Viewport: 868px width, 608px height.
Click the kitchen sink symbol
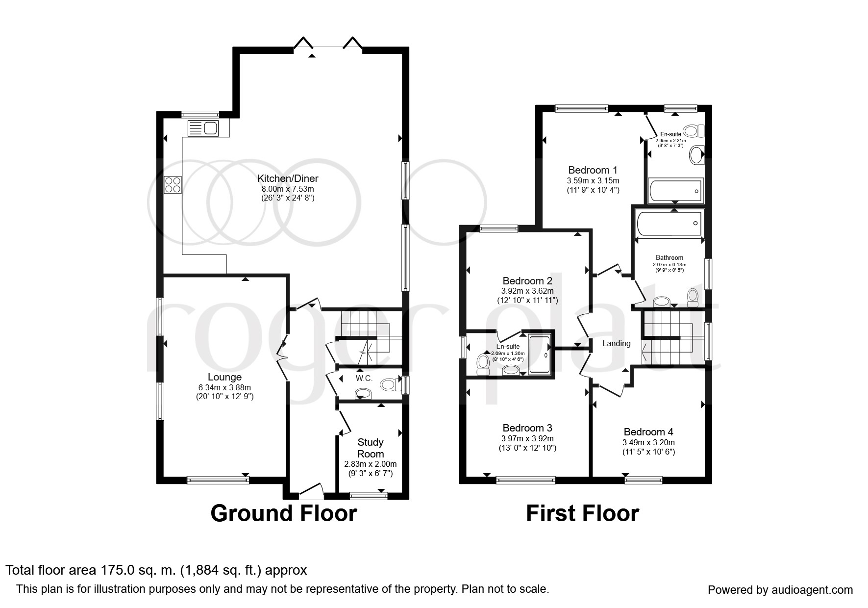203,128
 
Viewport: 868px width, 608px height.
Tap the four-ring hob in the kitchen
173,185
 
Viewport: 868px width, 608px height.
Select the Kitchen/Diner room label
288,178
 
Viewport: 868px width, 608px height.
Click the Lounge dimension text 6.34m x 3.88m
224,387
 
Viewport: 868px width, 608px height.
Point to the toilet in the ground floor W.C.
390,384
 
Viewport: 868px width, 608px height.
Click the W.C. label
364,379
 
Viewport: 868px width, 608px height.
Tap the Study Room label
371,448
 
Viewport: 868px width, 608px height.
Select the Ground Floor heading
284,513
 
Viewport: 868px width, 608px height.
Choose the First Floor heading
582,513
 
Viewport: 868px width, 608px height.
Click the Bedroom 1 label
593,170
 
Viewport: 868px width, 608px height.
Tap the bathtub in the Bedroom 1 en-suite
675,190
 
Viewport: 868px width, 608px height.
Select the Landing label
616,343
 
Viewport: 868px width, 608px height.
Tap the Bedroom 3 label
527,428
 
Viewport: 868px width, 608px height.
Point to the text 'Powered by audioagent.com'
780,590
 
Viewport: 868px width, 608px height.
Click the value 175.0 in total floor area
115,570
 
